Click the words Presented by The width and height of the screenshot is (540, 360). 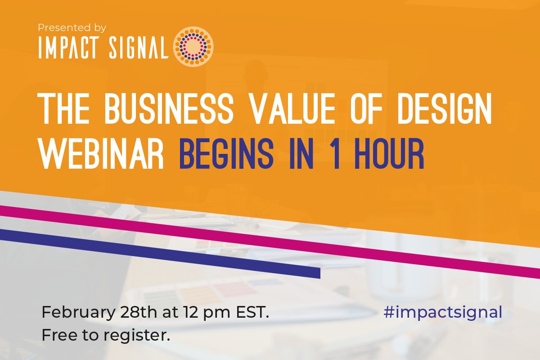pyautogui.click(x=72, y=28)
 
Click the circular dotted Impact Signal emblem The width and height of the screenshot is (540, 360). pyautogui.click(x=193, y=46)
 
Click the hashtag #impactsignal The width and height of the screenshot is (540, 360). pyautogui.click(x=442, y=313)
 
